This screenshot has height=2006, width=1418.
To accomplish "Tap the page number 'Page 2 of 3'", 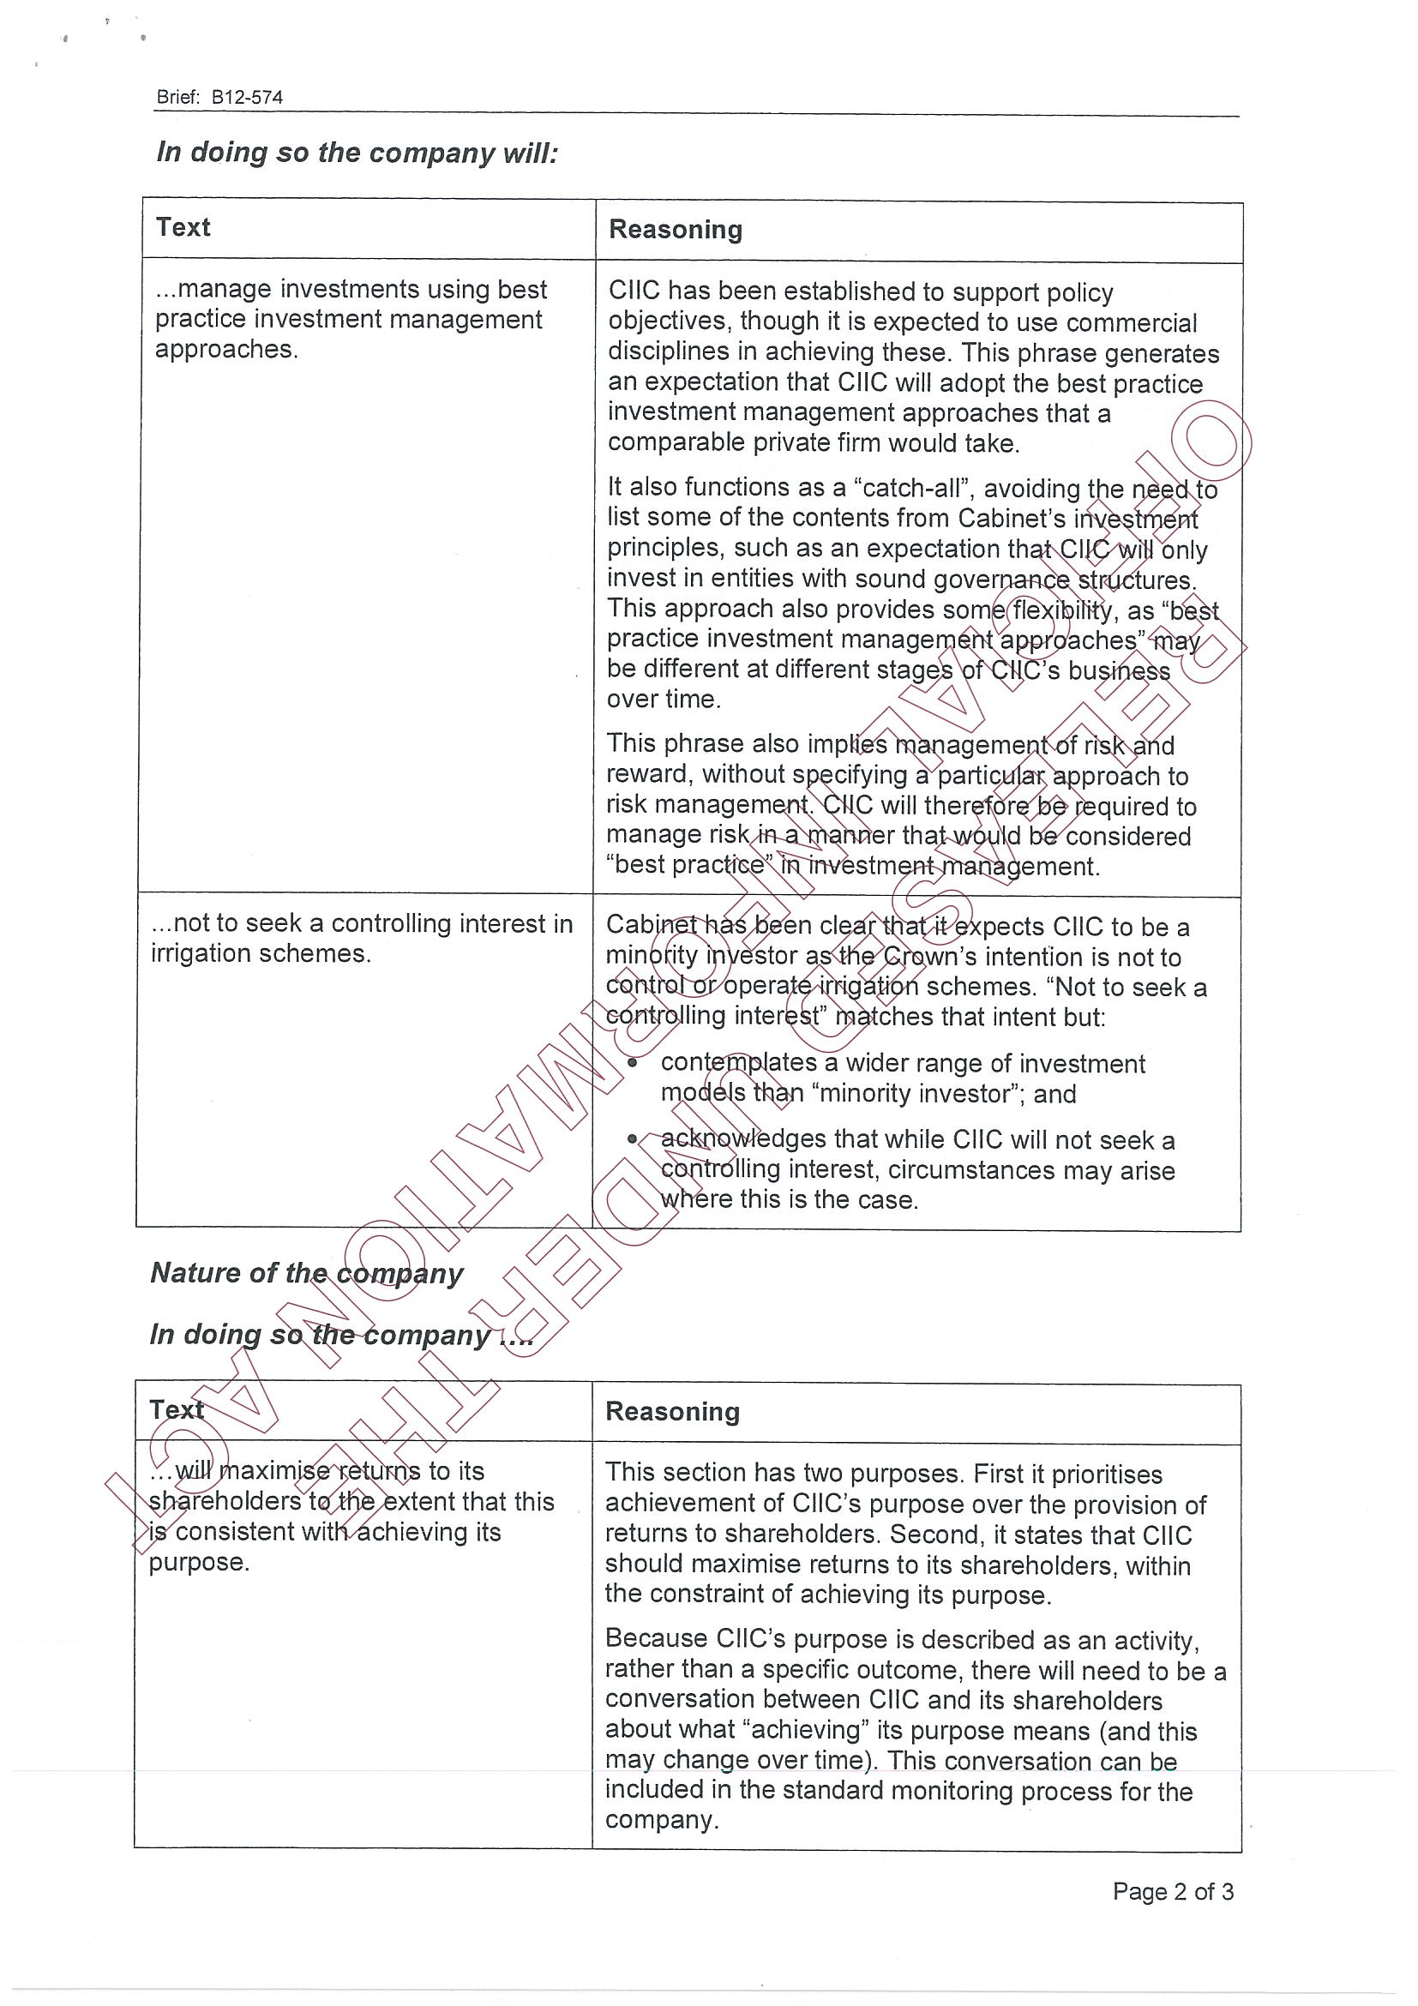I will pyautogui.click(x=1173, y=1891).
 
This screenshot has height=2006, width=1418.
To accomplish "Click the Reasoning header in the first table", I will pyautogui.click(x=676, y=230).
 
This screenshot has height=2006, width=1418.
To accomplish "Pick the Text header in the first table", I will pyautogui.click(x=183, y=228).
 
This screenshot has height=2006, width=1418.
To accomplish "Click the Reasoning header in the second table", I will pyautogui.click(x=673, y=1412).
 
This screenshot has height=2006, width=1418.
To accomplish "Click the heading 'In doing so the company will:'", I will pyautogui.click(x=357, y=153).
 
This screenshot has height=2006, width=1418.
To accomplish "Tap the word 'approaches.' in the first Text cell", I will pyautogui.click(x=226, y=350).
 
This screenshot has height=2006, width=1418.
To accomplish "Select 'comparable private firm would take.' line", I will pyautogui.click(x=814, y=443).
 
